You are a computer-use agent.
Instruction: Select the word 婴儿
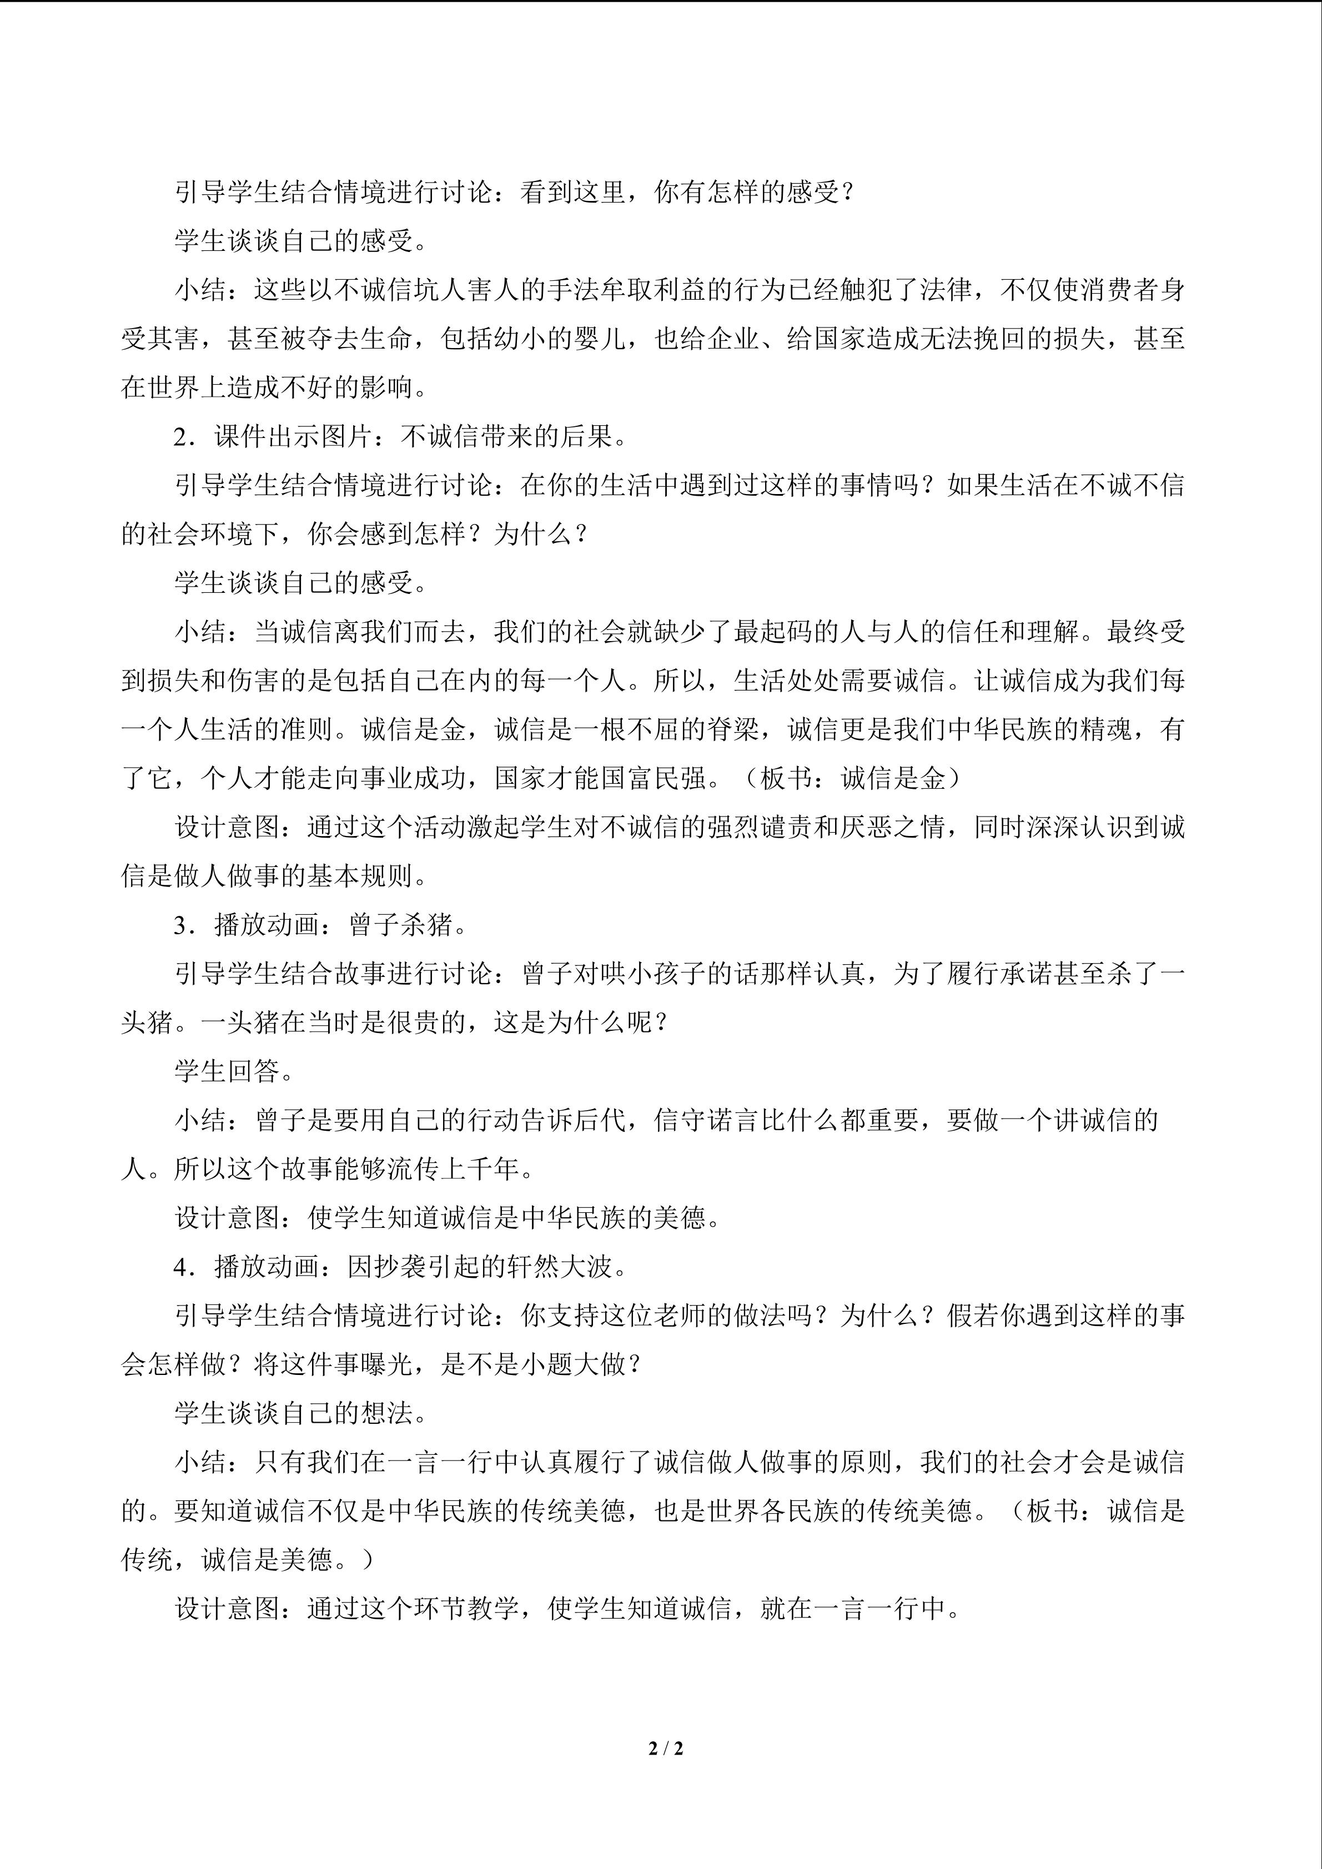(600, 339)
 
